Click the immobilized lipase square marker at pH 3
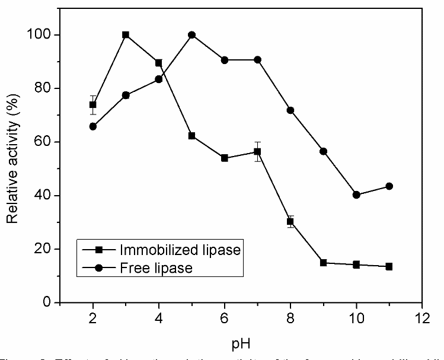(x=126, y=35)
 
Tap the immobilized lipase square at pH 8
(x=290, y=222)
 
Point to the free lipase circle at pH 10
(x=356, y=195)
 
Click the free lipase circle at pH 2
(x=93, y=126)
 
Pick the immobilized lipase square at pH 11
(x=389, y=266)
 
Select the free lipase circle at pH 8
(x=290, y=110)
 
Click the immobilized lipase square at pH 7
(x=257, y=152)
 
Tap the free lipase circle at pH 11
(x=389, y=186)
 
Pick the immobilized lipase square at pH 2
(x=93, y=105)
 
